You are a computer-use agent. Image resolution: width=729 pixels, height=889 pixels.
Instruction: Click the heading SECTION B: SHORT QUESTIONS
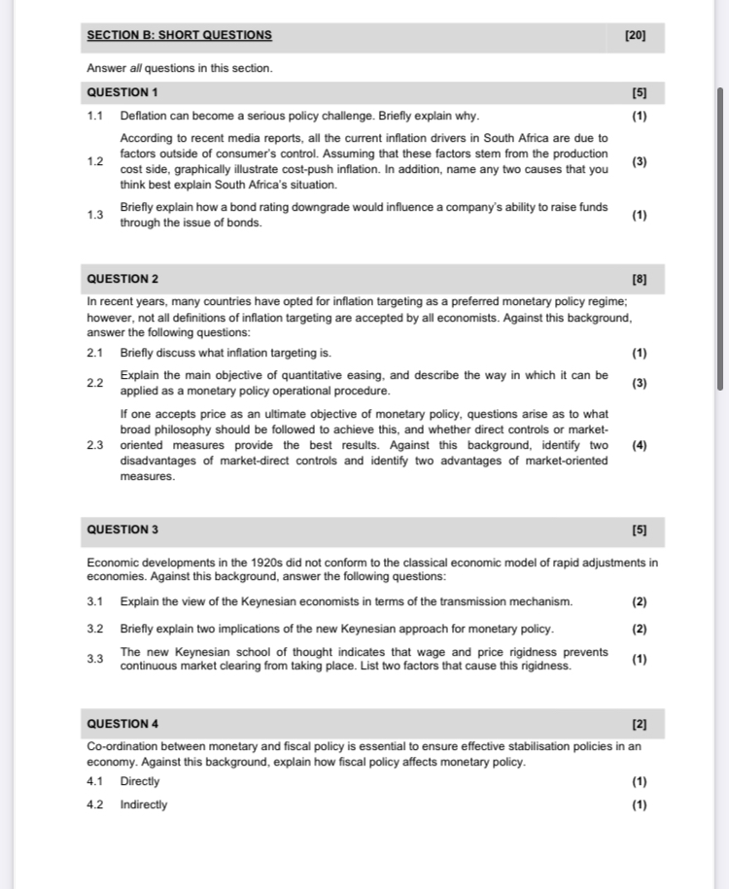179,36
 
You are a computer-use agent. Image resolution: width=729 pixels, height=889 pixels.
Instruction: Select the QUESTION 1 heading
122,92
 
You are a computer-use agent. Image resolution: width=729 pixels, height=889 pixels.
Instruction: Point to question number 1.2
94,161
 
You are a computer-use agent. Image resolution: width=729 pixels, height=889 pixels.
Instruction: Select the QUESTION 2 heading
122,280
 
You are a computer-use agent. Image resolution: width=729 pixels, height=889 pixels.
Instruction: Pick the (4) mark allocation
639,446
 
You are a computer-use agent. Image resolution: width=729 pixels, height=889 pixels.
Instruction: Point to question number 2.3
94,446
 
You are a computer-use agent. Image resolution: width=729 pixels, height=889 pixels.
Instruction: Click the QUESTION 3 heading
122,530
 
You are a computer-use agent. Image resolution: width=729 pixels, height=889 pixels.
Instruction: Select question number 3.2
94,629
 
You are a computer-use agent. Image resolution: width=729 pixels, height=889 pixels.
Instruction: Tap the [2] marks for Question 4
639,724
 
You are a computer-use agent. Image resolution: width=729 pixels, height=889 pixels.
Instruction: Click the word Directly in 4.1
140,781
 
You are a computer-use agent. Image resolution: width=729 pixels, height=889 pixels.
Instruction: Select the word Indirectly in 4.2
144,804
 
